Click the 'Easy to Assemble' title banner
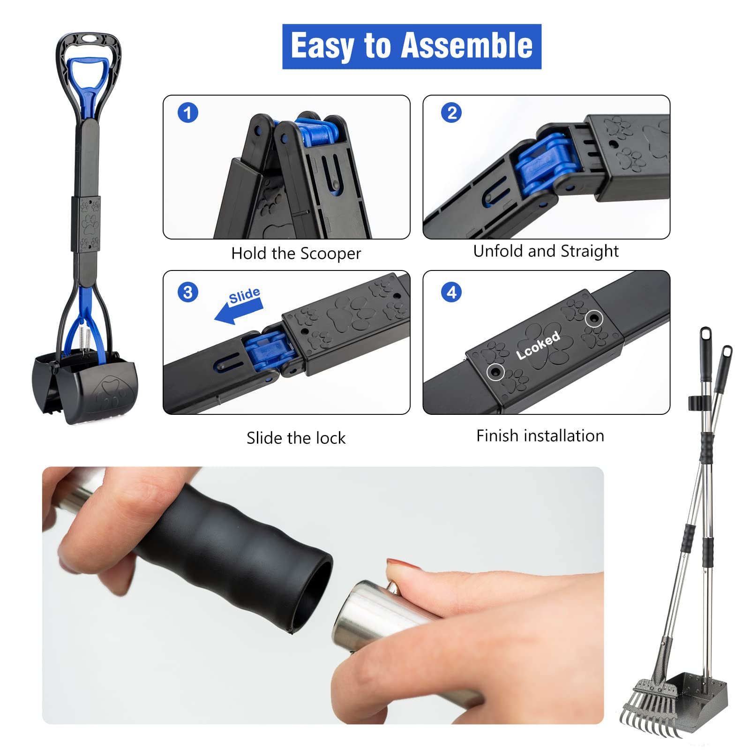(x=412, y=46)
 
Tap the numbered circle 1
(x=188, y=113)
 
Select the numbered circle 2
(x=451, y=113)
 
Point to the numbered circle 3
(x=188, y=292)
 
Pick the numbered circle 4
(x=451, y=292)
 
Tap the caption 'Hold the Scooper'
(x=296, y=254)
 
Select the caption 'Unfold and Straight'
(x=546, y=251)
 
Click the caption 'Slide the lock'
(x=296, y=438)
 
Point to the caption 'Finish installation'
(x=540, y=436)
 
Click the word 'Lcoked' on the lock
(x=538, y=345)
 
